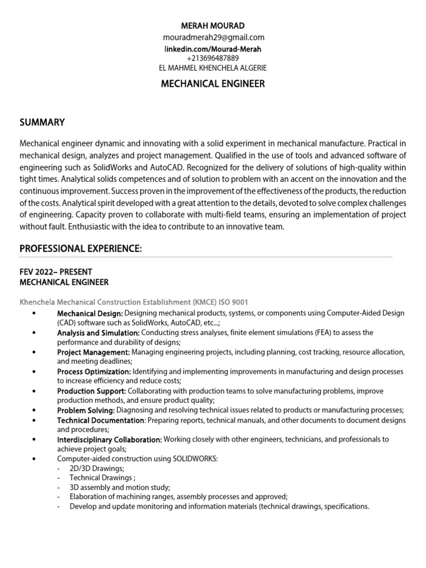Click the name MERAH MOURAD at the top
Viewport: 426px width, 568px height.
click(213, 26)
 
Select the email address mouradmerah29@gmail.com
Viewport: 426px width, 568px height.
click(213, 38)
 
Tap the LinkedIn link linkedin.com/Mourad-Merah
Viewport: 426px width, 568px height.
click(213, 49)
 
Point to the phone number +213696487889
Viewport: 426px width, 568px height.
click(213, 58)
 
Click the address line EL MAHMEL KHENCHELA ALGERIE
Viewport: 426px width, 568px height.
click(213, 68)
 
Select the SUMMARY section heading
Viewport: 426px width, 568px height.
click(42, 122)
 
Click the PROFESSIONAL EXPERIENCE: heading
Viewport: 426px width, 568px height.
click(81, 250)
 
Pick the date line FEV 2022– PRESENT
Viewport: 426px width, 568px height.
click(55, 272)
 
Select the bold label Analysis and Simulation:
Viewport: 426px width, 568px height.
click(98, 332)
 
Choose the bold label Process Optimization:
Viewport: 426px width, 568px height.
click(94, 371)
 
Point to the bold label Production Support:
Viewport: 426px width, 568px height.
click(92, 391)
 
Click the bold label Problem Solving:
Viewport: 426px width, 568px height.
click(86, 410)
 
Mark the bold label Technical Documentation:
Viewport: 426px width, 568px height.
click(100, 420)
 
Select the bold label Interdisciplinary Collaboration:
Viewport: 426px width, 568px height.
click(109, 439)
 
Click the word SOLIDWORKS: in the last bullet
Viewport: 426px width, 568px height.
click(196, 459)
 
